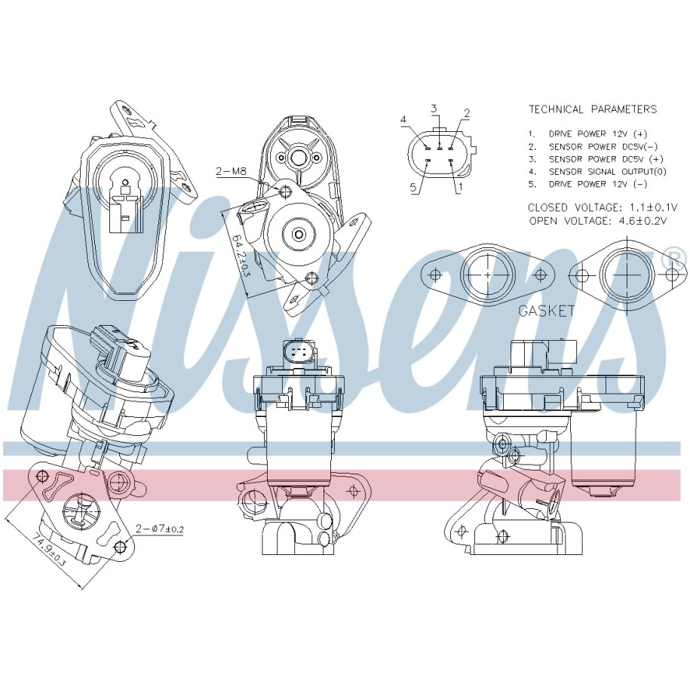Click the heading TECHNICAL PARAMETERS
tap(592, 109)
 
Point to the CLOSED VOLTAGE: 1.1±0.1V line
tap(597, 207)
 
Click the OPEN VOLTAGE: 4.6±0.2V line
tap(598, 220)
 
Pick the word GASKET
tap(546, 311)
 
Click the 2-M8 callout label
tap(231, 172)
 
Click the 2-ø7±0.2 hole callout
tap(160, 528)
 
